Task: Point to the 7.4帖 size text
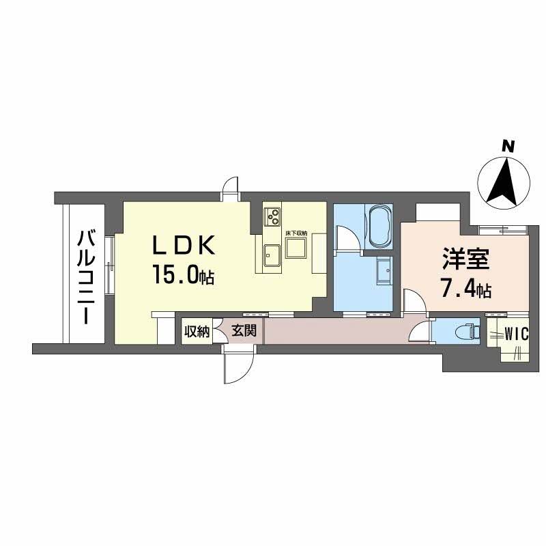[465, 290]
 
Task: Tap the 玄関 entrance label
[243, 332]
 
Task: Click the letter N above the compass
[506, 146]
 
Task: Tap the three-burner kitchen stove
[273, 216]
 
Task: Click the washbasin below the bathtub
[384, 274]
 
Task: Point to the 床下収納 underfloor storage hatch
[296, 248]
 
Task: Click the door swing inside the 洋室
[411, 300]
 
